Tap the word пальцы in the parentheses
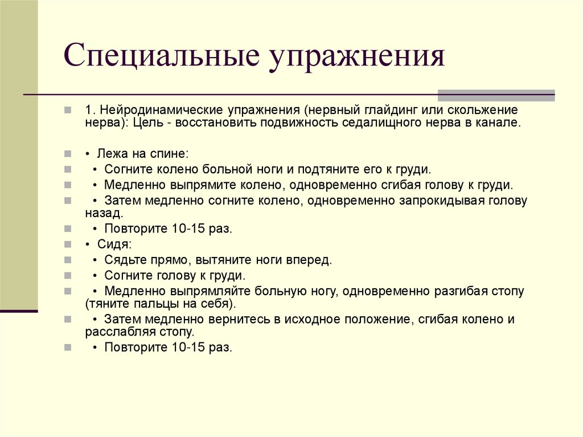point(150,304)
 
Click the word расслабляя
point(118,332)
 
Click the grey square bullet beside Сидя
point(68,244)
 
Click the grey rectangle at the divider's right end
point(496,95)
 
